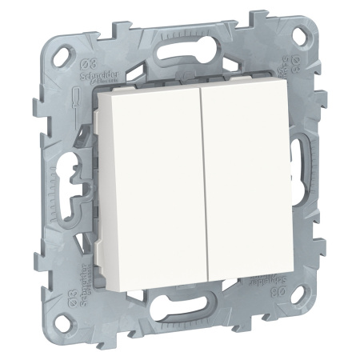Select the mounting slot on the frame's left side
[71, 171]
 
